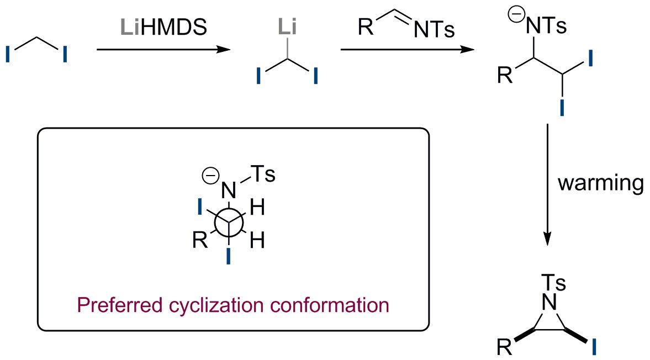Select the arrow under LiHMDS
[x=163, y=50]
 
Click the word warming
[x=600, y=183]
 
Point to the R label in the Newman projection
[x=200, y=241]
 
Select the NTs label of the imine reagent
[x=434, y=31]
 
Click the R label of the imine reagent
[x=366, y=28]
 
